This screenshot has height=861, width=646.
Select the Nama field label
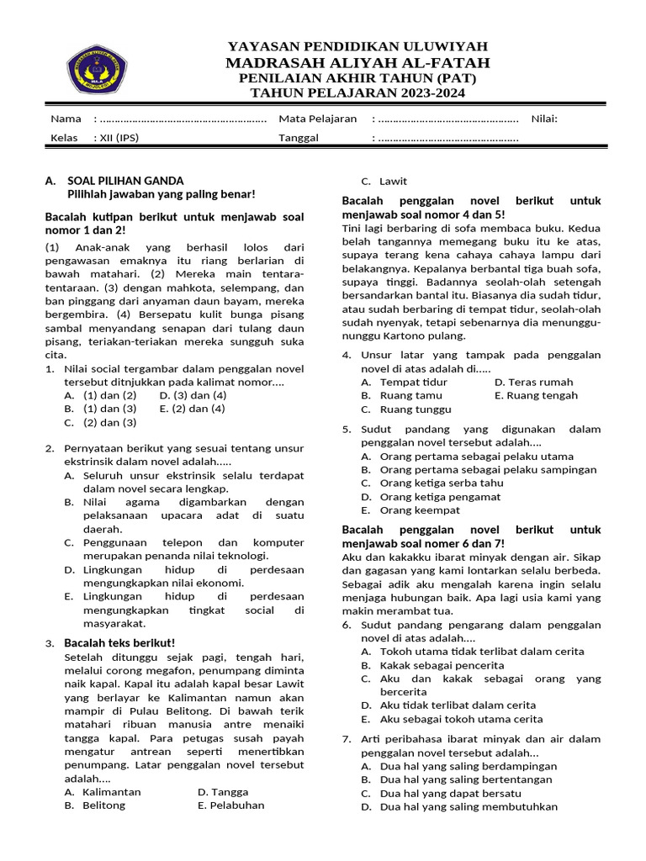coord(66,119)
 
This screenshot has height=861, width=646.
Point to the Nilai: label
coord(544,119)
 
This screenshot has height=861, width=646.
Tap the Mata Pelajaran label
coord(317,119)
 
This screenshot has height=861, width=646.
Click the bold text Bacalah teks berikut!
coord(119,643)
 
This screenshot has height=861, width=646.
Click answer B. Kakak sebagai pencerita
coord(432,664)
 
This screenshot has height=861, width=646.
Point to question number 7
coord(347,739)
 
